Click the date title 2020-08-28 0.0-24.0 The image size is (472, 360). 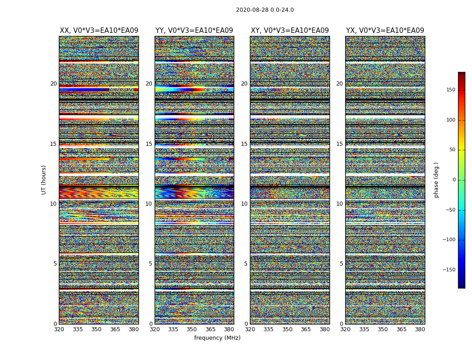265,10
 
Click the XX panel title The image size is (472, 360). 99,31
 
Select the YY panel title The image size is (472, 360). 194,31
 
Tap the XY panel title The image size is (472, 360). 289,31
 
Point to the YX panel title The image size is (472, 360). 385,31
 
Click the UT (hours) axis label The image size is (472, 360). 44,180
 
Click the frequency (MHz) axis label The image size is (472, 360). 217,338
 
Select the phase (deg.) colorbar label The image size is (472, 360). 436,180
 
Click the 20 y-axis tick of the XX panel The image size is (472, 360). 53,84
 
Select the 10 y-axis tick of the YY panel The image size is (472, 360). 149,204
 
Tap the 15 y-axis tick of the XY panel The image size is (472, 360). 244,144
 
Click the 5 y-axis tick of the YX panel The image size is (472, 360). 341,264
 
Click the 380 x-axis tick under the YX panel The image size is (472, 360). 420,329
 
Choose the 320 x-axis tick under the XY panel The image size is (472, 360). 250,329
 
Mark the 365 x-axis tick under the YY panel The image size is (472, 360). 210,329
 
